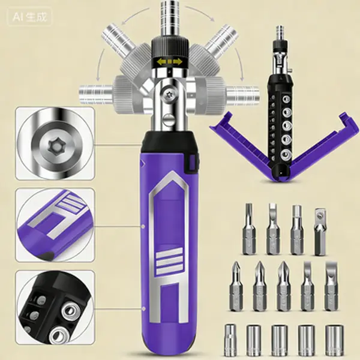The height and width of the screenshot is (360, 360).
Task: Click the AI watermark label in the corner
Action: click(30, 17)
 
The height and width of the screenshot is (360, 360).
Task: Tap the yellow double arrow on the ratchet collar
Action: click(169, 62)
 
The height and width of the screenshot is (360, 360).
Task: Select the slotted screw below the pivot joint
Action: click(169, 119)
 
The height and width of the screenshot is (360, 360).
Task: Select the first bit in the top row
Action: click(249, 229)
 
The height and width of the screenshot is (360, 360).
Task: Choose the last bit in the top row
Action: click(321, 232)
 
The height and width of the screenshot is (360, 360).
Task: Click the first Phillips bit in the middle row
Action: click(236, 286)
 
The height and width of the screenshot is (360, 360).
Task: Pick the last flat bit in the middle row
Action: click(332, 286)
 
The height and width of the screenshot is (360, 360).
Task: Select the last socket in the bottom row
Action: click(335, 340)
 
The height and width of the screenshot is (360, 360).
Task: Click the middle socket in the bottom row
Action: click(280, 340)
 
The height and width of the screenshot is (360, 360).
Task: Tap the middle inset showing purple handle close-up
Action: click(55, 225)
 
